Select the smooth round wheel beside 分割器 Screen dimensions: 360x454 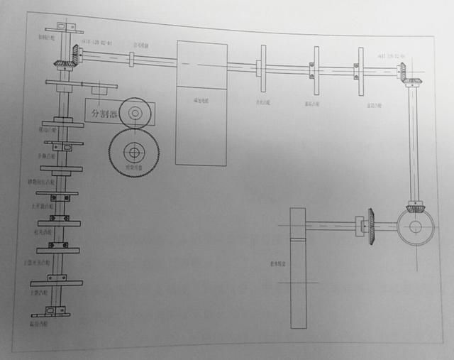(135, 112)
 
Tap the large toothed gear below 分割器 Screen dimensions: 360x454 (133, 151)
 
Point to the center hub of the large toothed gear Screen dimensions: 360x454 (133, 151)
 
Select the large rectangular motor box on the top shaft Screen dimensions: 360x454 (201, 103)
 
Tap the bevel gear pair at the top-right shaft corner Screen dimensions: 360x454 (407, 75)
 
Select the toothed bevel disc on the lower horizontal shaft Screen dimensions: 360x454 (370, 227)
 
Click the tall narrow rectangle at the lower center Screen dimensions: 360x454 (299, 268)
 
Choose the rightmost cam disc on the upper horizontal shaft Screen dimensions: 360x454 (360, 72)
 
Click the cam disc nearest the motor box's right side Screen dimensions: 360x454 (263, 68)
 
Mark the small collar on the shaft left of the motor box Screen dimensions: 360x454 (132, 58)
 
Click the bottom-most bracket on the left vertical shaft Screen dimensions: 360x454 (50, 312)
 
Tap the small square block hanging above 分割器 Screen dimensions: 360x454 (99, 90)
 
